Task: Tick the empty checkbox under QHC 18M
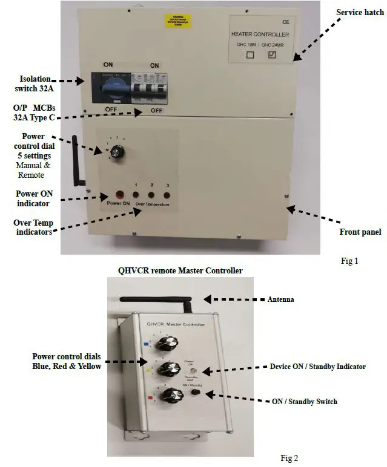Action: click(250, 55)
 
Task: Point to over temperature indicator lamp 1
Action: click(136, 195)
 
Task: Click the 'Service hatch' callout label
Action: click(360, 13)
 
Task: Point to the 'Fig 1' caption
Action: click(349, 261)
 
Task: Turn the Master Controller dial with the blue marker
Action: click(165, 345)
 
